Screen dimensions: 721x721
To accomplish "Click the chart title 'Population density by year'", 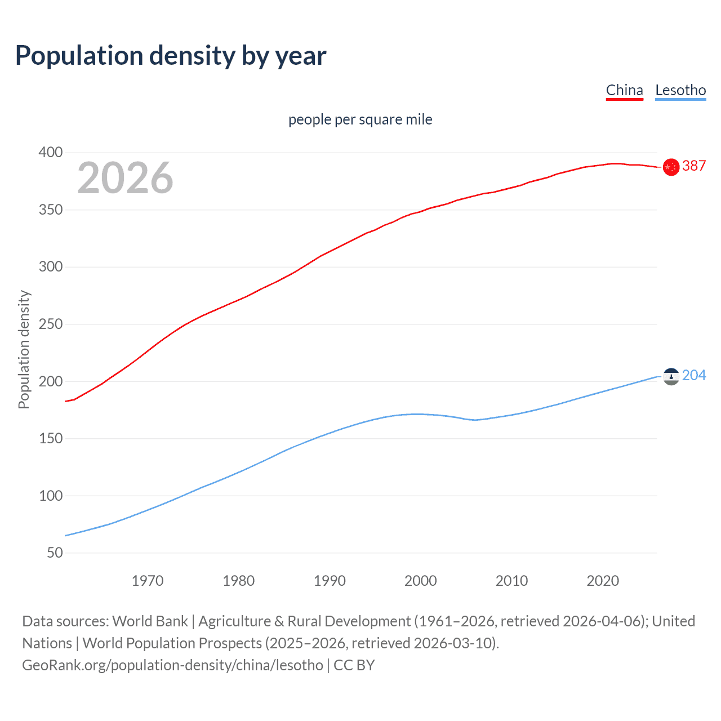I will click(171, 56).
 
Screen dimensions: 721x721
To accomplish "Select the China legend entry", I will click(624, 90).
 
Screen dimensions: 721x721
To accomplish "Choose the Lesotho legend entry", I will click(680, 90).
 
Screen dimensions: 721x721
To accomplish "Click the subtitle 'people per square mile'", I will click(360, 120).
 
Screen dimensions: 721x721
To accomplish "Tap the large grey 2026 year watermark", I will click(125, 178).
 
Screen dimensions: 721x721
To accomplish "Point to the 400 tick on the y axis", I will click(51, 153).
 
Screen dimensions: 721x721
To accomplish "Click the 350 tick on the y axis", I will click(51, 210).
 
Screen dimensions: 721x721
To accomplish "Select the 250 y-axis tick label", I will click(51, 324).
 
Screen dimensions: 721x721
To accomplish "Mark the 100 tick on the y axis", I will click(51, 496).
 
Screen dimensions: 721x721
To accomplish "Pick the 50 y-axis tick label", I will click(55, 553).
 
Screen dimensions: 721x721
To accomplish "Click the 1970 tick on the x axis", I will click(148, 581).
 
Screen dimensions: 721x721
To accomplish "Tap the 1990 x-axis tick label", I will click(330, 581).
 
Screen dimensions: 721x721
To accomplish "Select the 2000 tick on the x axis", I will click(421, 581).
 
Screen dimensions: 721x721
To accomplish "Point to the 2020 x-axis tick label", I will click(603, 581).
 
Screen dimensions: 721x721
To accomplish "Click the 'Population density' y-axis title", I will click(24, 349).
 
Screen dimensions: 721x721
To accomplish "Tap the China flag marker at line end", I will click(671, 167).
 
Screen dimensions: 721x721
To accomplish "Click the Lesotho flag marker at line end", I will click(671, 376).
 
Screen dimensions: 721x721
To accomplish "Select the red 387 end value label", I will click(694, 166).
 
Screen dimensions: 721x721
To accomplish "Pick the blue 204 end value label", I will click(694, 375).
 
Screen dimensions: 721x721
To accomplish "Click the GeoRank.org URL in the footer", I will click(172, 665).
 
